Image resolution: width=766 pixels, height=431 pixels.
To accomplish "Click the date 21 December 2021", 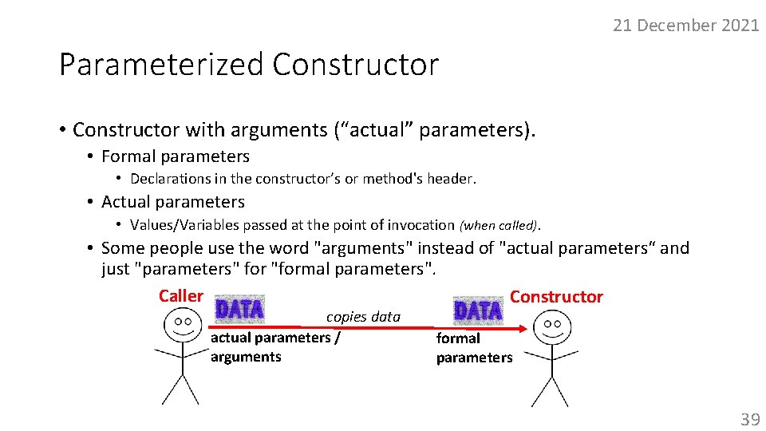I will click(x=685, y=26).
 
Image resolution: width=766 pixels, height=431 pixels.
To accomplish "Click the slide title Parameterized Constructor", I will click(x=249, y=65).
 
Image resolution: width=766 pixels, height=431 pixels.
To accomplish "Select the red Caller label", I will click(x=181, y=296).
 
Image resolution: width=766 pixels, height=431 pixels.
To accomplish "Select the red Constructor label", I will click(x=556, y=297).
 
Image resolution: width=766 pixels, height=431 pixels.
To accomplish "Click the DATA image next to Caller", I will click(x=239, y=309).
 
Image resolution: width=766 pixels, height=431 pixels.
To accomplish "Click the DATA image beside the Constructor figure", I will click(x=478, y=310).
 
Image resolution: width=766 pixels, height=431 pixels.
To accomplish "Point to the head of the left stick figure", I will click(x=183, y=326).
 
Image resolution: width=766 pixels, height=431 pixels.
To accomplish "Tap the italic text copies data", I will click(x=363, y=317).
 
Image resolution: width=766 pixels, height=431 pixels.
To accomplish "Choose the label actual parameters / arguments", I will click(x=274, y=347).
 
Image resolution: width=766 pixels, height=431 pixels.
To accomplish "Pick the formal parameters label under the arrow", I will click(x=474, y=348).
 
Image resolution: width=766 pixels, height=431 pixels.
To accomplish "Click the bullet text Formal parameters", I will click(x=176, y=156).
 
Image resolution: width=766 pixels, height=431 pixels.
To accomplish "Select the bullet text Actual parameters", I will click(x=173, y=202).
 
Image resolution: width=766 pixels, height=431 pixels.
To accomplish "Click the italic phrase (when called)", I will click(x=499, y=225).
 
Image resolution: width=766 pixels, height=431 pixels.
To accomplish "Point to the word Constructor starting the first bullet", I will click(x=125, y=129).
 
